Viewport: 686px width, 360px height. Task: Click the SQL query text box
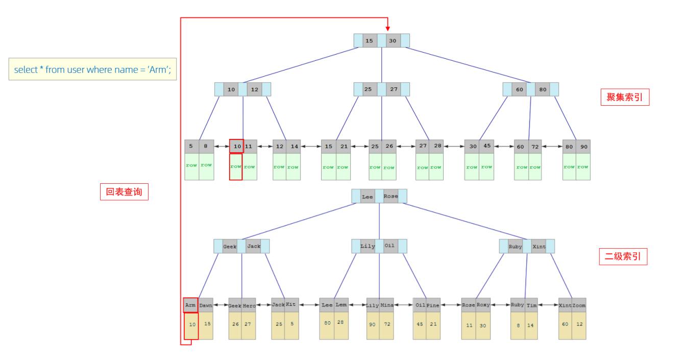pos(92,69)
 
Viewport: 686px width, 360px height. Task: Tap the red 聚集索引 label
pos(625,97)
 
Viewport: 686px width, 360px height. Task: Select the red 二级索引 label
pos(623,256)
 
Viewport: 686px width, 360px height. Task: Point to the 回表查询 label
pos(124,192)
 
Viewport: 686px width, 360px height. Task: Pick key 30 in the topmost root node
pos(393,41)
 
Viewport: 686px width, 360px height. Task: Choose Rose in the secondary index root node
pos(390,197)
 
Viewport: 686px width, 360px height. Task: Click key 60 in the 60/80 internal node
pos(520,90)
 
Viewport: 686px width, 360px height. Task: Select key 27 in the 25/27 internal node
pos(394,89)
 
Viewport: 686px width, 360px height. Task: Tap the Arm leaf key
pos(190,305)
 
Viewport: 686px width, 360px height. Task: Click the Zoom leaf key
pos(579,305)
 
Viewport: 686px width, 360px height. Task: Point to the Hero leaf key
pos(249,305)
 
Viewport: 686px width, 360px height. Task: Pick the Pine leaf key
pos(433,305)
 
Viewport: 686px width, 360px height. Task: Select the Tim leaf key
pos(531,305)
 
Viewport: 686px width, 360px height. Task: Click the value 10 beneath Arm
pos(192,324)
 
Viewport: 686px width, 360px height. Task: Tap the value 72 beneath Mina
pos(387,324)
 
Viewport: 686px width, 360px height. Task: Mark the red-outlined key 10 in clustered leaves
pos(237,146)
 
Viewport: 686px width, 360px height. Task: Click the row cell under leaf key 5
pos(191,166)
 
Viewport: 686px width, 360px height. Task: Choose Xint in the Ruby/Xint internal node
pos(539,247)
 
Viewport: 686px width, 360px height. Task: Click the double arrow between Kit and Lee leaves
pos(309,305)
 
